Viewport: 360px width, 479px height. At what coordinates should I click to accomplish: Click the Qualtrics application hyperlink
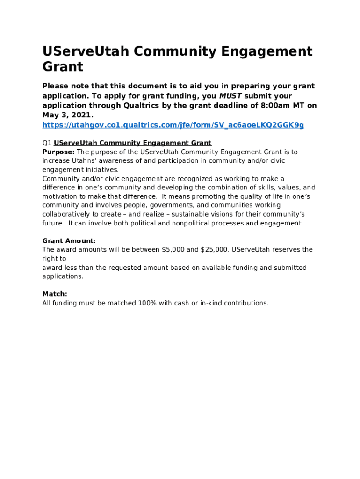pos(173,125)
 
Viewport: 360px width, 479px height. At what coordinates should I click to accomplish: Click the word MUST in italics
pos(230,96)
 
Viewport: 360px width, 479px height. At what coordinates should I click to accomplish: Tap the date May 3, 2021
pos(67,115)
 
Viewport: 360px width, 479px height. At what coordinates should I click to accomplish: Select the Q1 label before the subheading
pos(47,143)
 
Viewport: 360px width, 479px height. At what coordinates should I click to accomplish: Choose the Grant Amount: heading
pos(69,241)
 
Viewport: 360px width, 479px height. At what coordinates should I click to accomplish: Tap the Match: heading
pos(55,294)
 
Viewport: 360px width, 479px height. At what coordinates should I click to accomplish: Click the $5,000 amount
pos(173,250)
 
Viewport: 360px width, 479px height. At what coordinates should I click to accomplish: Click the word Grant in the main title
pos(63,67)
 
